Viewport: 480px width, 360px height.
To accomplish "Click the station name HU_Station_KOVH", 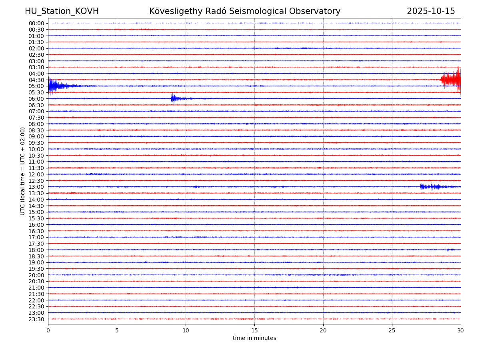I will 62,11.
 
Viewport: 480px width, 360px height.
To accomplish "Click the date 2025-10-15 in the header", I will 431,11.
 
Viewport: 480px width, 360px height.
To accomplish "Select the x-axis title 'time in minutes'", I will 254,338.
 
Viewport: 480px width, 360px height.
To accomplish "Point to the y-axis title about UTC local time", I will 23,171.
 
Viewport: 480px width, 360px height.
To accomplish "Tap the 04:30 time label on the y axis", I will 36,80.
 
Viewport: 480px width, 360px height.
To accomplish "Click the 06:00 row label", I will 36,99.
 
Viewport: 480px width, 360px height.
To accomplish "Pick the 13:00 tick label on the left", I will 36,187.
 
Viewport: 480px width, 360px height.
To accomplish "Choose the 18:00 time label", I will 36,250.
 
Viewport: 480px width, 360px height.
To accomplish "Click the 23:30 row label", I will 36,319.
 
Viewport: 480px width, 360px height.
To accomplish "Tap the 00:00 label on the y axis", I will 36,23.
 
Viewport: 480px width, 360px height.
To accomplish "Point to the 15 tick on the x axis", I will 254,330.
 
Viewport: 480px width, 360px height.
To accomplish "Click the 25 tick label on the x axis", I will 392,330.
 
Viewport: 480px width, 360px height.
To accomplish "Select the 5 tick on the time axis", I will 117,330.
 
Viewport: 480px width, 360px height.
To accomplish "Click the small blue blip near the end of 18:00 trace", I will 450,250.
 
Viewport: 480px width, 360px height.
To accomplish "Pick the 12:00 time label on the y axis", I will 36,174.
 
